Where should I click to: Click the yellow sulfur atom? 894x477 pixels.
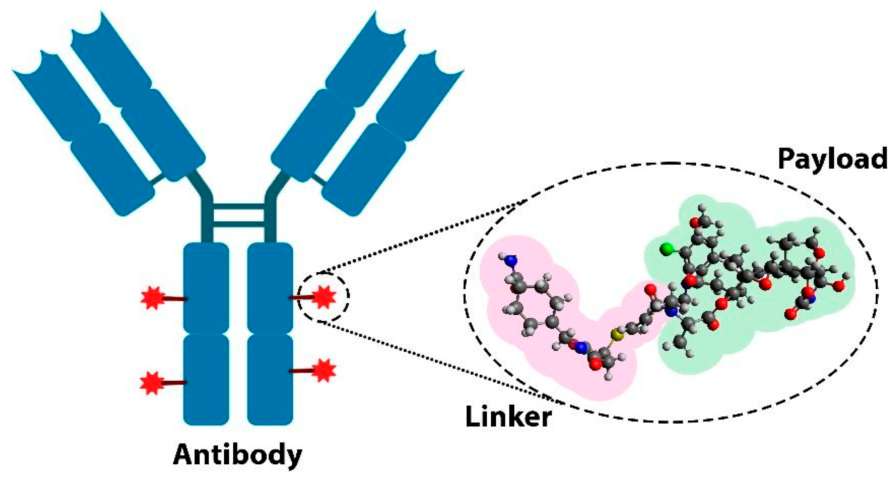tap(616, 335)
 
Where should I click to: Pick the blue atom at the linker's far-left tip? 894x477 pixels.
tap(511, 260)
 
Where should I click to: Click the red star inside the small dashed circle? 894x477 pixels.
tap(324, 297)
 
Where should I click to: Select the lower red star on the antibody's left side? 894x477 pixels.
tap(152, 383)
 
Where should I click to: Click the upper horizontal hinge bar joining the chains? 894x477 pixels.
tap(239, 207)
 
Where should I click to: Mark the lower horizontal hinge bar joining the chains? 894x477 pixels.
tap(239, 224)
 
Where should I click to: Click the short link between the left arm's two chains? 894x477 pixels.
tap(158, 179)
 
